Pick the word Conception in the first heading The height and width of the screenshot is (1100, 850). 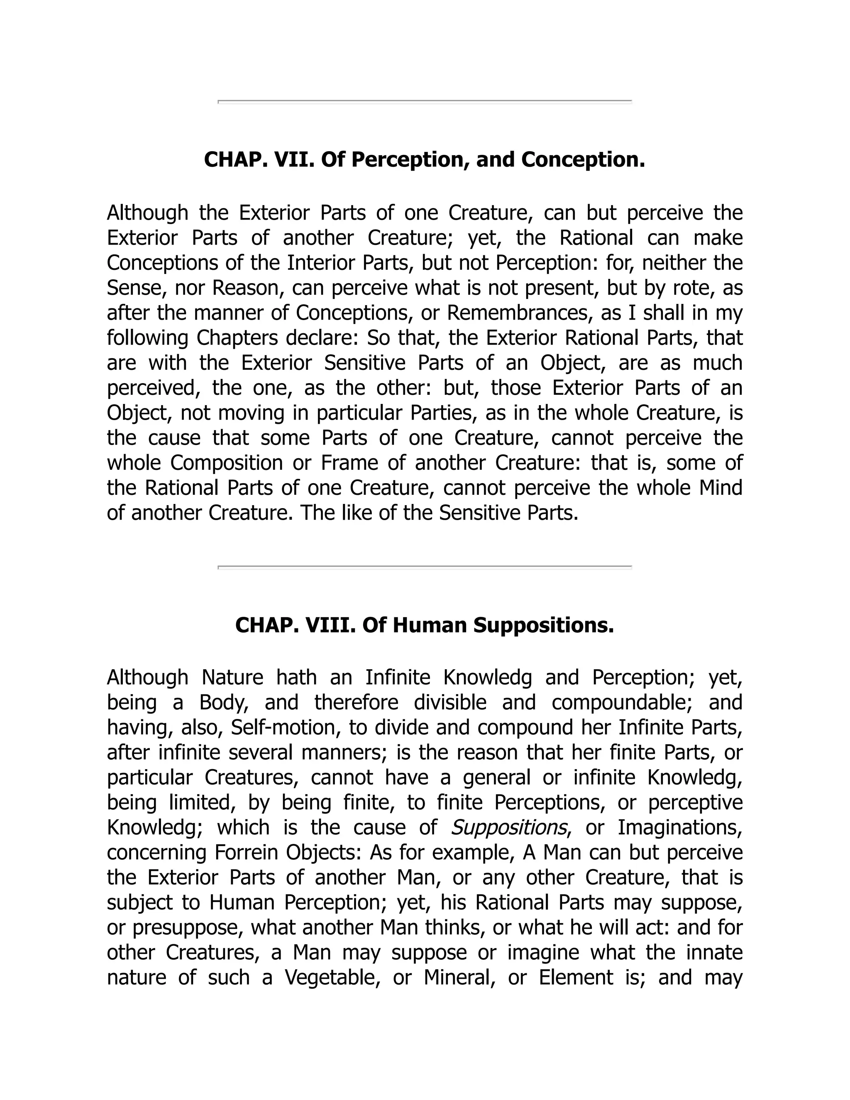pyautogui.click(x=583, y=160)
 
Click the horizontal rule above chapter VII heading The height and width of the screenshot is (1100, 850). pyautogui.click(x=425, y=102)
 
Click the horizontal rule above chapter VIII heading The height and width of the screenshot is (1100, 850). pyautogui.click(x=425, y=567)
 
